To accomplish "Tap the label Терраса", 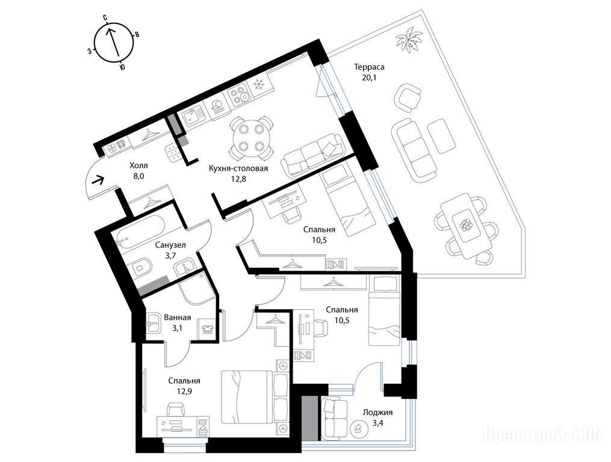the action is (369, 67).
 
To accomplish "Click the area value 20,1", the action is (369, 77).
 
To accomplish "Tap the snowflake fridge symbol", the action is (259, 85).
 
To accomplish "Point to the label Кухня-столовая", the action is (238, 168).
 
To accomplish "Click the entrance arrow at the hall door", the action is (98, 180).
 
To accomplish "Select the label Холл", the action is (138, 165).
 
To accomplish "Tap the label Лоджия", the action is (377, 413).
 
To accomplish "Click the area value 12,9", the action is (184, 391).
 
